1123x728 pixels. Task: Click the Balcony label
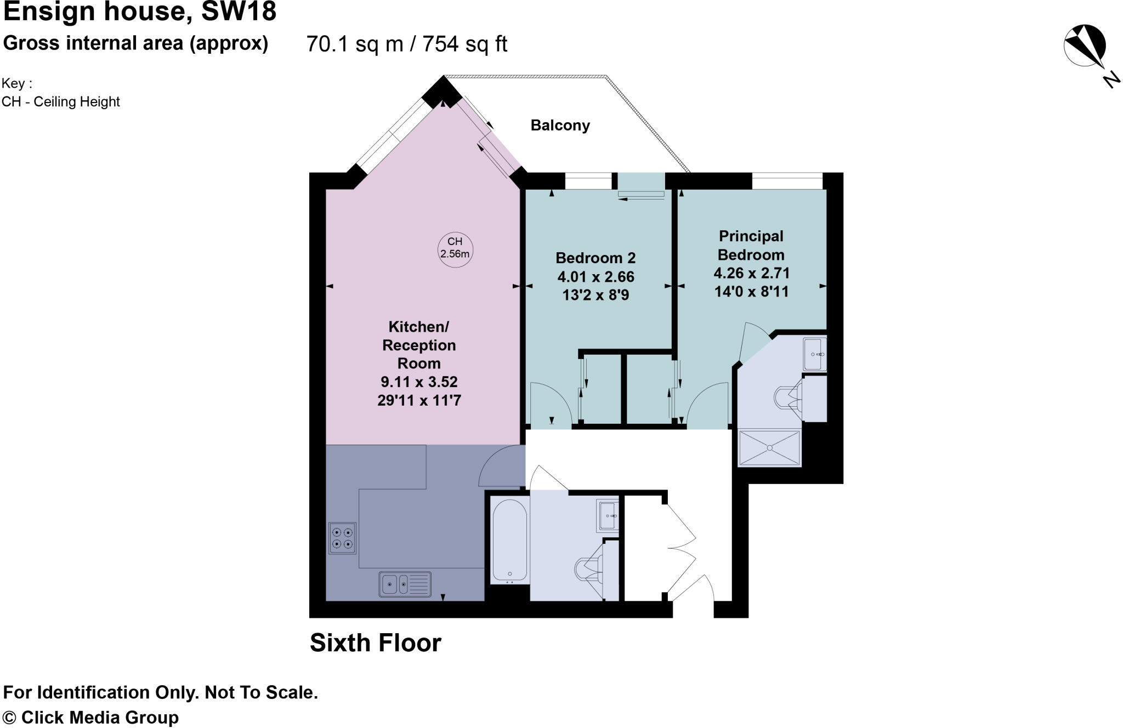coord(560,126)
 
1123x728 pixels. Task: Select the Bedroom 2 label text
coord(595,258)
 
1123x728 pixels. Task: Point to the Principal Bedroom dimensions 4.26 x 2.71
coord(751,273)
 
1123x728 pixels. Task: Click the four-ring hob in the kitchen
coord(342,538)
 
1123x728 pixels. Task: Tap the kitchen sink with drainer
coord(405,584)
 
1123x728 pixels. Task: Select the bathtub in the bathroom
coord(509,540)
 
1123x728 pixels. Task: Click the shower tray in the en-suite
coord(769,448)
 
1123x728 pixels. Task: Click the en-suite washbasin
coord(814,354)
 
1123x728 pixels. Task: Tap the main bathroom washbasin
coord(608,516)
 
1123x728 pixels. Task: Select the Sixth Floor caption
coord(376,643)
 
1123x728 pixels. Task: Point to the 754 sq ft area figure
coord(464,44)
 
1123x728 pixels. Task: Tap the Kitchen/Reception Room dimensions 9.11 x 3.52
coord(419,382)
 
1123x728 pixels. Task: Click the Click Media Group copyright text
coord(91,717)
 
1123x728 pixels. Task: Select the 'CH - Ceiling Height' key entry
coord(60,102)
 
